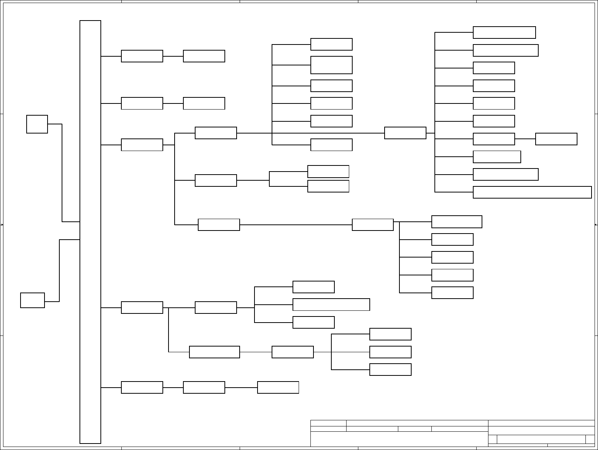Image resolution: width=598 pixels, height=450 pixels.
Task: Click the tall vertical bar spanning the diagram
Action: (90, 232)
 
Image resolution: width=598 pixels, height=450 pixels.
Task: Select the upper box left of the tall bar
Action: (37, 124)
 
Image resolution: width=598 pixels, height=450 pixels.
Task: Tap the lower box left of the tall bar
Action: (32, 300)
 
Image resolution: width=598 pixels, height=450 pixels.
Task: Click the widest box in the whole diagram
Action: (532, 192)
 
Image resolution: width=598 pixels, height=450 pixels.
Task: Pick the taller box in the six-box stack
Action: (331, 65)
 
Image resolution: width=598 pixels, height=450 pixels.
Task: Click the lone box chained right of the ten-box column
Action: (556, 139)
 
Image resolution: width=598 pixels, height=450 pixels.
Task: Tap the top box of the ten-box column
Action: (504, 32)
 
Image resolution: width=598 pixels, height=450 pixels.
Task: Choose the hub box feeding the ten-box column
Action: (405, 133)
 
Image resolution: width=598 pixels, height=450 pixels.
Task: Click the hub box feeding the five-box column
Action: (372, 224)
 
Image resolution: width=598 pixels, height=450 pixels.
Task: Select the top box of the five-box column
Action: (456, 221)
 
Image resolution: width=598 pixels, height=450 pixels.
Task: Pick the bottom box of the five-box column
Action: (452, 293)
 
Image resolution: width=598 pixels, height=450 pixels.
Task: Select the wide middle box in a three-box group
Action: (331, 304)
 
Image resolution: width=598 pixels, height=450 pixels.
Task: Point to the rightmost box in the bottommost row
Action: (278, 387)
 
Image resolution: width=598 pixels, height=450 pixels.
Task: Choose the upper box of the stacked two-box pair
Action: (328, 171)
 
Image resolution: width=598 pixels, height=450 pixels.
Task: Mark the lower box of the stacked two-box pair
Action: (328, 186)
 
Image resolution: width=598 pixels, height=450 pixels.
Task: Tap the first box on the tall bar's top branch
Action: (142, 56)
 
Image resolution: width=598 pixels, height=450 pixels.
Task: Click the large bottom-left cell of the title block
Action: (399, 439)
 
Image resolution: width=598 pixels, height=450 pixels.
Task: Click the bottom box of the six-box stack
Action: (331, 145)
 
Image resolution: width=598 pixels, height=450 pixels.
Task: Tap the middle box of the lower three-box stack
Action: (390, 352)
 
